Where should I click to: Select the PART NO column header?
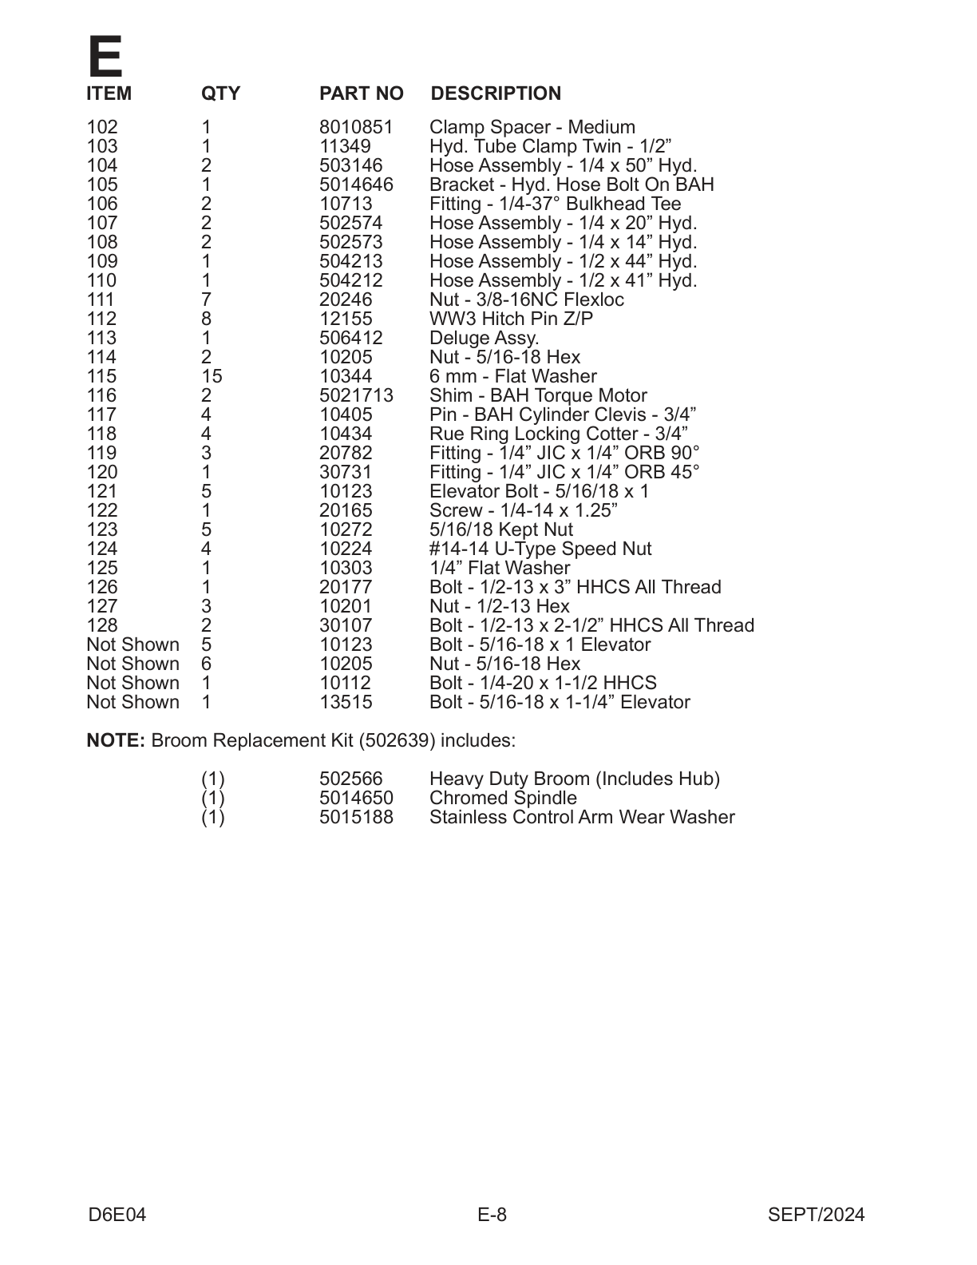(361, 94)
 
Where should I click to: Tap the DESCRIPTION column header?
(496, 94)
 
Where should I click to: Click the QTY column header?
(220, 94)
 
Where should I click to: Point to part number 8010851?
(356, 128)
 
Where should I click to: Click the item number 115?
(101, 377)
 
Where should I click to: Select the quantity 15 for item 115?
(212, 377)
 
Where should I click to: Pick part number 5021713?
(356, 396)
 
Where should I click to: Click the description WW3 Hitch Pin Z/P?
(511, 319)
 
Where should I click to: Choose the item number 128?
(101, 626)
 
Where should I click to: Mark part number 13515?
(346, 703)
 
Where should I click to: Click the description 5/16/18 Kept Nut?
(500, 530)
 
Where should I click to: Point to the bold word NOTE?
(115, 741)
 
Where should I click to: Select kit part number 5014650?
(356, 799)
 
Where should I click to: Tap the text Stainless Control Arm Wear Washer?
(582, 818)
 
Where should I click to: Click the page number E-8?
(492, 1215)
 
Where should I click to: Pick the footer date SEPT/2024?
(816, 1215)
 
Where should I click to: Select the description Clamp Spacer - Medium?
(532, 128)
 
